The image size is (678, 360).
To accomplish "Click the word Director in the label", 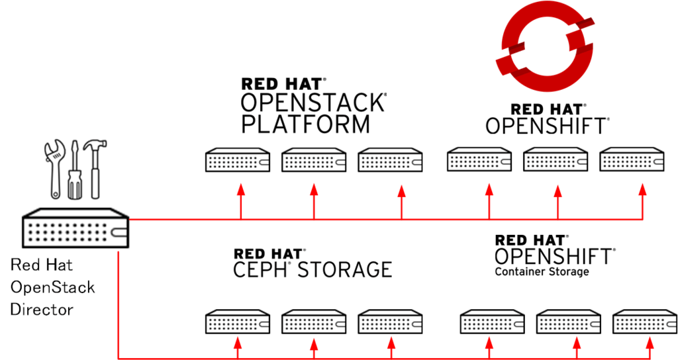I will click(42, 310).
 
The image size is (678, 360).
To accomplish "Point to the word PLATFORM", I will click(305, 124).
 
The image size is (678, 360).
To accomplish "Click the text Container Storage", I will click(542, 271).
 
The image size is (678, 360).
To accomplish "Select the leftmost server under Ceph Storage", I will click(236, 322).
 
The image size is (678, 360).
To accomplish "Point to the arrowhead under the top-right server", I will click(642, 190).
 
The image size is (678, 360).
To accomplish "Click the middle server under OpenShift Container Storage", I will click(568, 322).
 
